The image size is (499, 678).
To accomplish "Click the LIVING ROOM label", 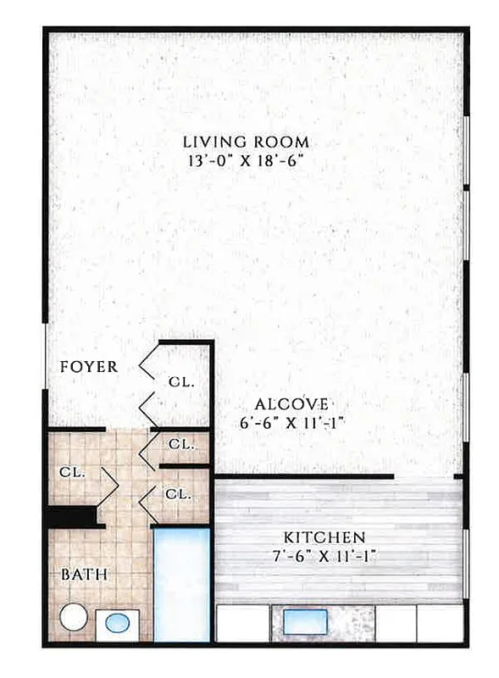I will (247, 142).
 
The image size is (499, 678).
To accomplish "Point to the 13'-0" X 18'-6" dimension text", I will (247, 160).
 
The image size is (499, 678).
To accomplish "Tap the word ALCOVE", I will (291, 404).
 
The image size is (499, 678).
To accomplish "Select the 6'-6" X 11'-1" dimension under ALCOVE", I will (291, 423).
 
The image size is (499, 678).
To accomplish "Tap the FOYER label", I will (89, 367).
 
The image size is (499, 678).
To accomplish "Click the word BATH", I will (84, 575).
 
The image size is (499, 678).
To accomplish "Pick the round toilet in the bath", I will (74, 617).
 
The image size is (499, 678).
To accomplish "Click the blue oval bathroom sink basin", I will (118, 625).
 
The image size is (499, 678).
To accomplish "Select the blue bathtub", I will (181, 584).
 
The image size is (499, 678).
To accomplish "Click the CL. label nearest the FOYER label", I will (181, 382).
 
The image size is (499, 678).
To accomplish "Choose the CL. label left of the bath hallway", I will (72, 472).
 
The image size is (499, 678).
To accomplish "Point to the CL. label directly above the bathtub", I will (177, 493).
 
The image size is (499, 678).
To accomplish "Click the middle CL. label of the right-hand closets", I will (180, 443).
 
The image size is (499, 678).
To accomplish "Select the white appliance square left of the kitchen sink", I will (241, 623).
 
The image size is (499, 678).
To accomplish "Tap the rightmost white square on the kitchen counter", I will (441, 623).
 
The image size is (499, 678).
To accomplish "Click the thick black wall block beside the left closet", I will (69, 516).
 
